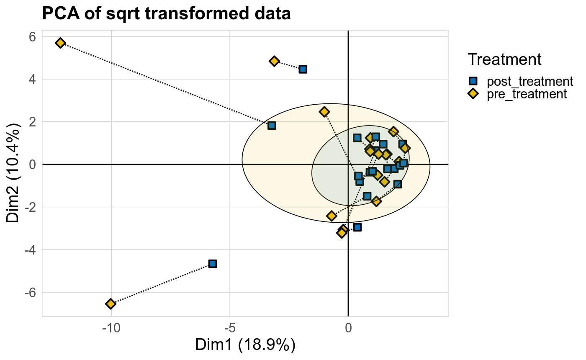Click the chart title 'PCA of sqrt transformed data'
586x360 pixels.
pos(166,14)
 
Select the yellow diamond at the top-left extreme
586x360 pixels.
pos(60,43)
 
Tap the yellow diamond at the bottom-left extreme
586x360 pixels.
pos(111,303)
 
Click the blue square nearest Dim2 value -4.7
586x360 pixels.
pos(213,264)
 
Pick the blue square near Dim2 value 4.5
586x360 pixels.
pos(303,69)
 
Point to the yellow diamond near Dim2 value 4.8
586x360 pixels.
pos(274,61)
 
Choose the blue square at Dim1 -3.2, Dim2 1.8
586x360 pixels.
pos(272,126)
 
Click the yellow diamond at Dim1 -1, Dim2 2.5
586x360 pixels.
pos(324,112)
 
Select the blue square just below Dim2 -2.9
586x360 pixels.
pos(357,227)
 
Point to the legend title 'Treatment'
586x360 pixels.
pos(504,59)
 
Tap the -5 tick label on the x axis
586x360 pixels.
pos(229,328)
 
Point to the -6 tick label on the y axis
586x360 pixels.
pos(30,292)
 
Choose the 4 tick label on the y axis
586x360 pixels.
pos(32,79)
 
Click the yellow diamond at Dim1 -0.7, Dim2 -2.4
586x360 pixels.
pos(332,216)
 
